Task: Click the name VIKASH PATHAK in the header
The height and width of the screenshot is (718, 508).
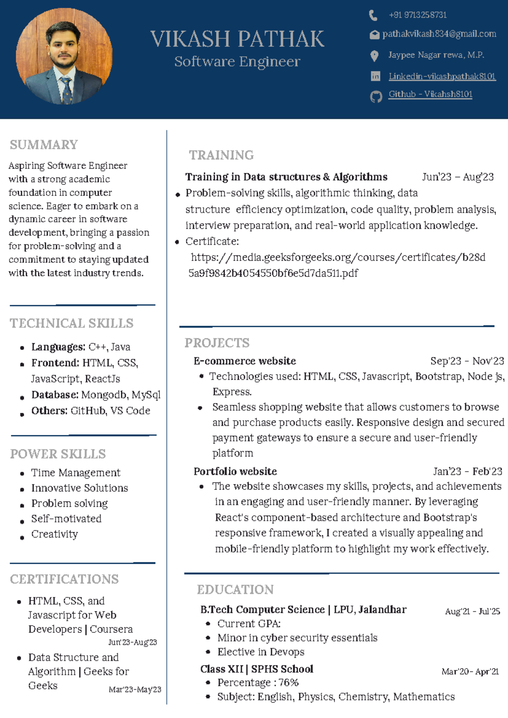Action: click(237, 39)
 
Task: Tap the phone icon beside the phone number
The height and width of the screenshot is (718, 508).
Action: click(373, 16)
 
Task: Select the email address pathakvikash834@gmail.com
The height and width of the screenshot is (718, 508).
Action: click(439, 34)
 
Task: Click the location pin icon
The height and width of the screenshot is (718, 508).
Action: click(374, 56)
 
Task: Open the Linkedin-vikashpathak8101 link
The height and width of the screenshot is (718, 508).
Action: click(442, 76)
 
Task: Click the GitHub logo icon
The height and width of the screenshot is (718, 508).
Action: click(376, 97)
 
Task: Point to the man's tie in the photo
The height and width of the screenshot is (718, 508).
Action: click(67, 90)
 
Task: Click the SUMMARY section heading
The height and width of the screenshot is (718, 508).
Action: click(44, 145)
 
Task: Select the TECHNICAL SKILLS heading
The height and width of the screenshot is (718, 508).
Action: click(72, 323)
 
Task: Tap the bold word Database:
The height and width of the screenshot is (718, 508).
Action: click(55, 395)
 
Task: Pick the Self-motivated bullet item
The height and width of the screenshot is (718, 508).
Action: click(66, 519)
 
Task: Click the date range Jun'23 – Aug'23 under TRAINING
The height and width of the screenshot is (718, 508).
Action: click(458, 177)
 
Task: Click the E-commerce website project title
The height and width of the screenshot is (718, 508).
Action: click(245, 361)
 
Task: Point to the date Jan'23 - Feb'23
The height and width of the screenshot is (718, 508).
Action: click(467, 471)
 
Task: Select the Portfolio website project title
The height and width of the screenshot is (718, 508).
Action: click(235, 471)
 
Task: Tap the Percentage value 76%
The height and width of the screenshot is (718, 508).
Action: click(288, 682)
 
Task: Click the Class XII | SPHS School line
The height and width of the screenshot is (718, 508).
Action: click(257, 669)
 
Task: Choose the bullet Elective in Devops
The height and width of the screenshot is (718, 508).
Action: click(261, 652)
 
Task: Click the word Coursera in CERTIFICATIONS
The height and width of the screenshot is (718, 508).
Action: click(111, 629)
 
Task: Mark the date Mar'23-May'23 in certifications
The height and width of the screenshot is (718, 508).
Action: click(135, 689)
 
